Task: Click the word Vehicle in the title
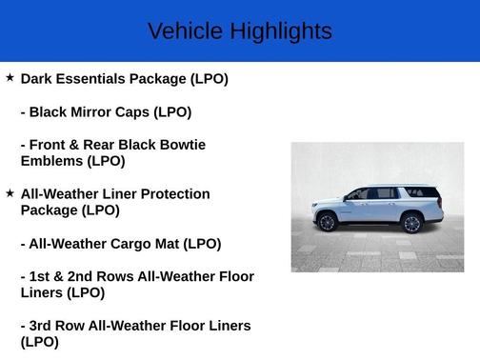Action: tap(179, 31)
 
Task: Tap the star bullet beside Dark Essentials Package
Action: tap(10, 77)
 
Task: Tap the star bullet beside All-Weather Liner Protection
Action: tap(10, 192)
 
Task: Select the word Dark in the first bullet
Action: tap(38, 79)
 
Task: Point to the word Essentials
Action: tap(95, 79)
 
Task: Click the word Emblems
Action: tap(53, 161)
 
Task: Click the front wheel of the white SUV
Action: tap(327, 223)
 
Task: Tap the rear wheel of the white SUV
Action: tap(411, 224)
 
